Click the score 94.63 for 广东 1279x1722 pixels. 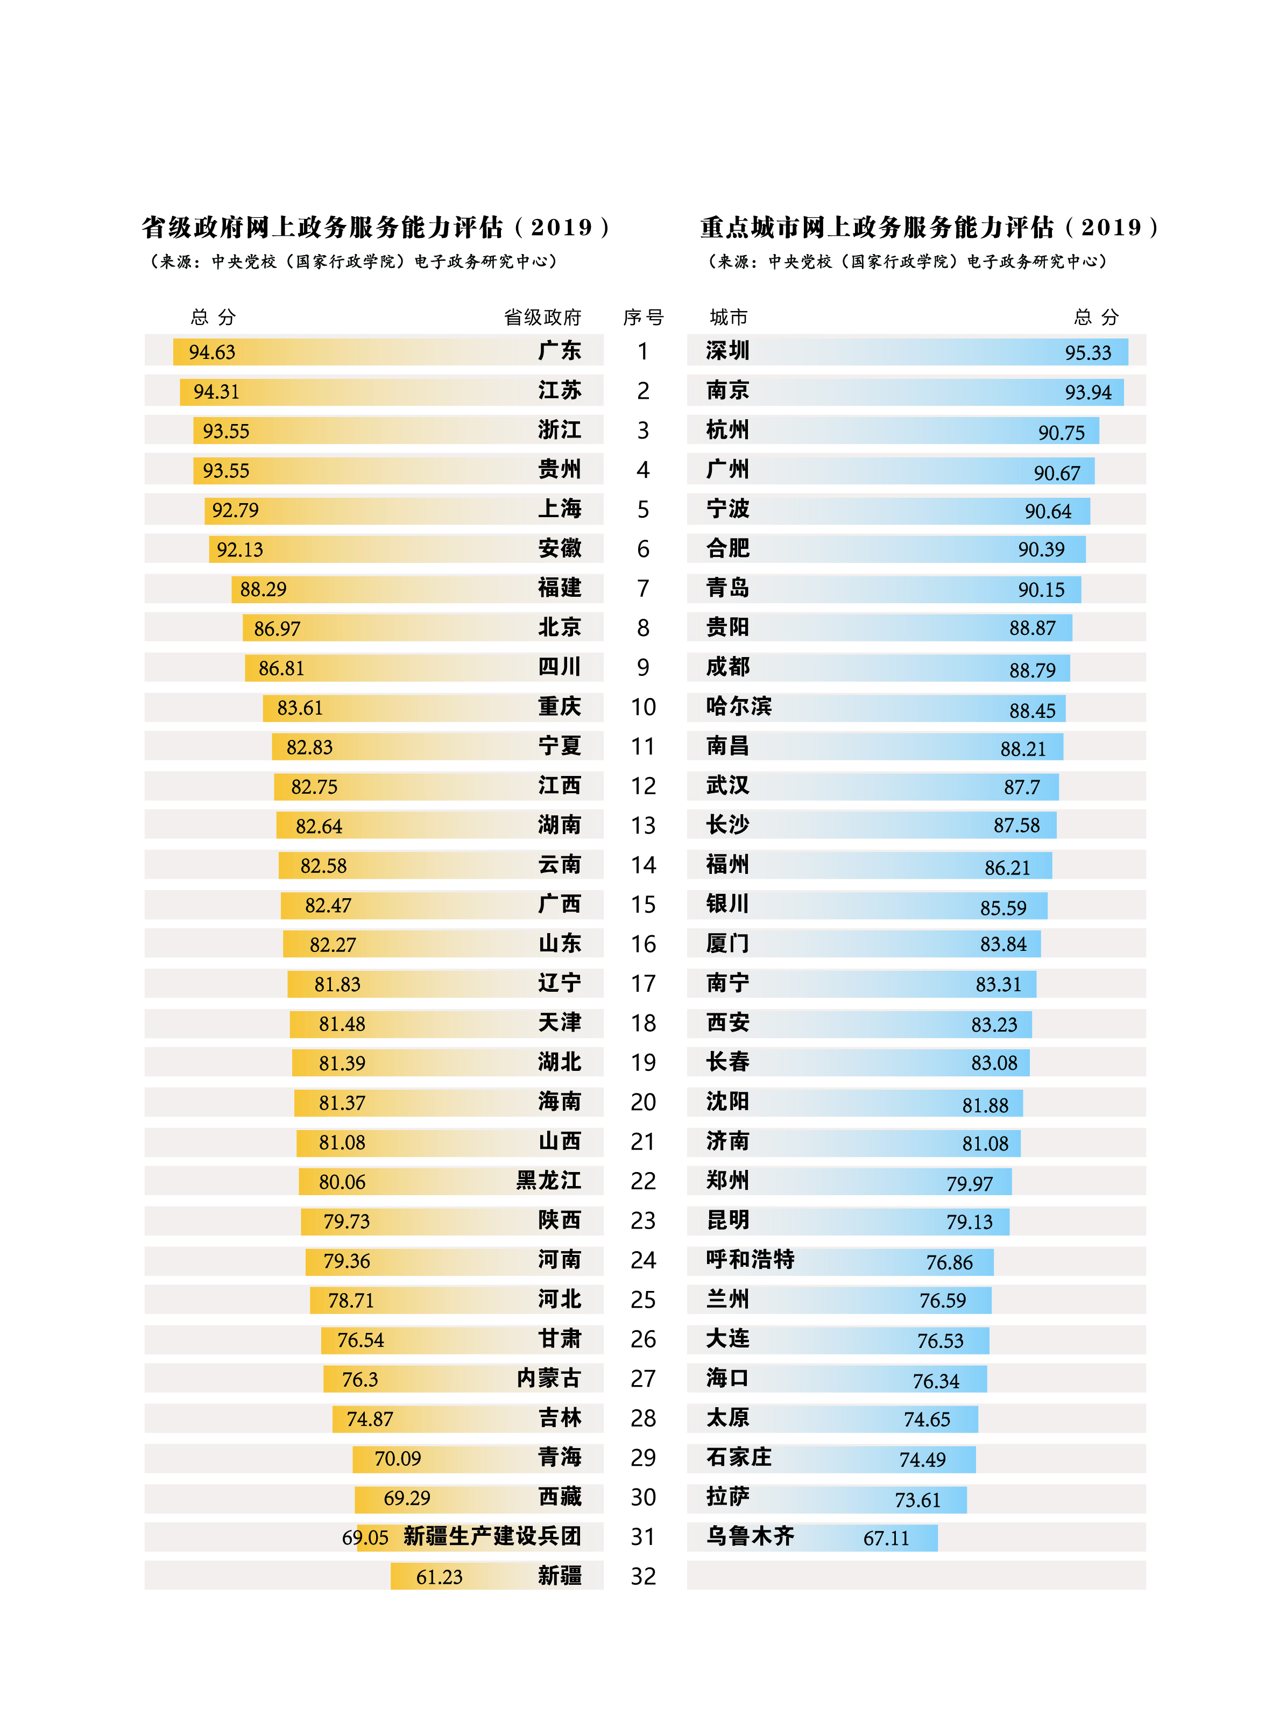[x=211, y=352]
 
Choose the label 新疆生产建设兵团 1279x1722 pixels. [x=492, y=1536]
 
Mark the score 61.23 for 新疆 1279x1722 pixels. [x=439, y=1577]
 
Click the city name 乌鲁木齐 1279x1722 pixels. [x=750, y=1536]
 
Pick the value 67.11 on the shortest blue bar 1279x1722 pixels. [x=886, y=1538]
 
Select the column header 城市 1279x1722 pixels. [x=728, y=317]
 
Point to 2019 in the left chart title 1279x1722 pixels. [x=561, y=228]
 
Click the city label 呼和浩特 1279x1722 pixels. [x=750, y=1260]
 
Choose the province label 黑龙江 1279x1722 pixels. [x=548, y=1181]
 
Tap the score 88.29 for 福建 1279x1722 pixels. [x=263, y=589]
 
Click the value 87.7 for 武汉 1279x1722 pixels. [x=1021, y=787]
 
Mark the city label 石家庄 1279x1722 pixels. [x=739, y=1457]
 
